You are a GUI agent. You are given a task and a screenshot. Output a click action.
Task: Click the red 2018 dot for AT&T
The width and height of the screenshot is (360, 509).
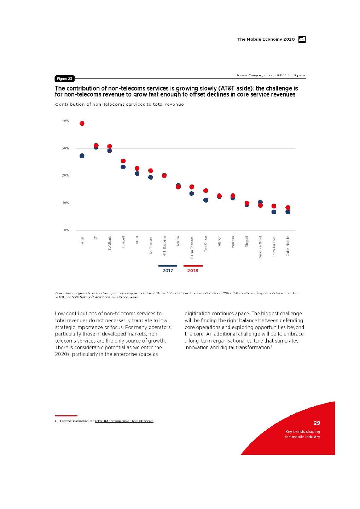point(82,123)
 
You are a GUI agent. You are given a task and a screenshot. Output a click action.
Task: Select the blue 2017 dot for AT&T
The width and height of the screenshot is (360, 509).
point(82,156)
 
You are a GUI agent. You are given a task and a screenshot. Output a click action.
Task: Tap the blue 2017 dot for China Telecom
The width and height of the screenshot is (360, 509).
point(192,194)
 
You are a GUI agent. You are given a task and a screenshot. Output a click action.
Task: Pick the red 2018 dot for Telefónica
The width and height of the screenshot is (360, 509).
point(205,191)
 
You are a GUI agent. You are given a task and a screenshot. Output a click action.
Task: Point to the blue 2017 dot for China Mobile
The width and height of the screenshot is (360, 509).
point(288,212)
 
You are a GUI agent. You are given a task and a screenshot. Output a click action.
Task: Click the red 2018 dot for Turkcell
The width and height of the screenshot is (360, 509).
point(123,161)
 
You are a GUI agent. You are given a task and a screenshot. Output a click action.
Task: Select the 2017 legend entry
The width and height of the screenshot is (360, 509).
point(168,270)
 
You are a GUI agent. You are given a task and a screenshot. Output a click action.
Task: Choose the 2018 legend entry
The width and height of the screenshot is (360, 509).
point(193,270)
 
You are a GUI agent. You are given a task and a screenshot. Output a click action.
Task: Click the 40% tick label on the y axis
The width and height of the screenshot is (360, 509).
point(65,121)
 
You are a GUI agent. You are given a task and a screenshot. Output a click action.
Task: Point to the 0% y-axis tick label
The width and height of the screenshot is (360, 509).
point(66,230)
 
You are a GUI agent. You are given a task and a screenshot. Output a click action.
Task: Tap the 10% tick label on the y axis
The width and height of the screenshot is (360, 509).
point(65,203)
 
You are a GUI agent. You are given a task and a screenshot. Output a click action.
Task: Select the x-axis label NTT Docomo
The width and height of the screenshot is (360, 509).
point(164,246)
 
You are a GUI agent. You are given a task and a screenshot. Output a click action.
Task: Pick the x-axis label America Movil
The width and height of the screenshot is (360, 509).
point(260,247)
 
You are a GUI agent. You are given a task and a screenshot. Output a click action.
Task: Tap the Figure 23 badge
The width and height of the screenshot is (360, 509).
point(64,78)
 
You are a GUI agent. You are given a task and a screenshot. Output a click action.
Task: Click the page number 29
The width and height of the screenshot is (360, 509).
point(317,423)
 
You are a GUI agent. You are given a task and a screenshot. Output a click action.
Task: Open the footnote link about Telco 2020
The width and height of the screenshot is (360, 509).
point(124,421)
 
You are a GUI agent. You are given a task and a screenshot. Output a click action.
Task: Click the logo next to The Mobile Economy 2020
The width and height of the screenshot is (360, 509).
point(302,39)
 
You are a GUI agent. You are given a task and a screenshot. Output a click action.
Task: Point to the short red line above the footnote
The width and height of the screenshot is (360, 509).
point(66,416)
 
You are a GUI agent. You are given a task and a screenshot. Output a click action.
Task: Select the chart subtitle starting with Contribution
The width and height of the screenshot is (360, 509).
point(120,104)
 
